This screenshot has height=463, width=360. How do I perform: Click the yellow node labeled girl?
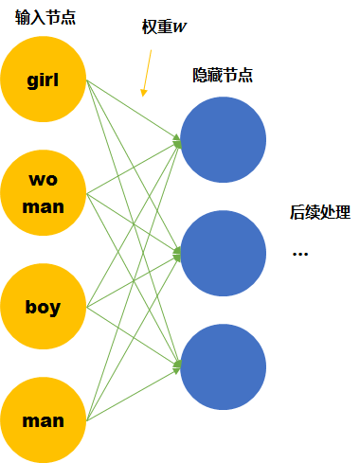tap(44, 80)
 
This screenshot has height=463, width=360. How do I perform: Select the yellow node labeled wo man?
tap(44, 193)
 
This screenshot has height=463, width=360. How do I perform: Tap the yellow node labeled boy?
tap(44, 307)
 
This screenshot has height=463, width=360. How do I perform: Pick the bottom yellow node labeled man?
tap(44, 419)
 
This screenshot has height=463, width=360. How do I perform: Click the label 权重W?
tap(163, 27)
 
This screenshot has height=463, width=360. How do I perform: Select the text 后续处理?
tap(319, 214)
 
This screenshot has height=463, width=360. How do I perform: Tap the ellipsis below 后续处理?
tap(300, 254)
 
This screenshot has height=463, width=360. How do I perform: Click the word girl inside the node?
tap(44, 80)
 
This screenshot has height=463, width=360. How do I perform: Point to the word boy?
tap(44, 307)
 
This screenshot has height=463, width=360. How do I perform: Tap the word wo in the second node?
tap(44, 180)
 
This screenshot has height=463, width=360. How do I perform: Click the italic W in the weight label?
tap(180, 27)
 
